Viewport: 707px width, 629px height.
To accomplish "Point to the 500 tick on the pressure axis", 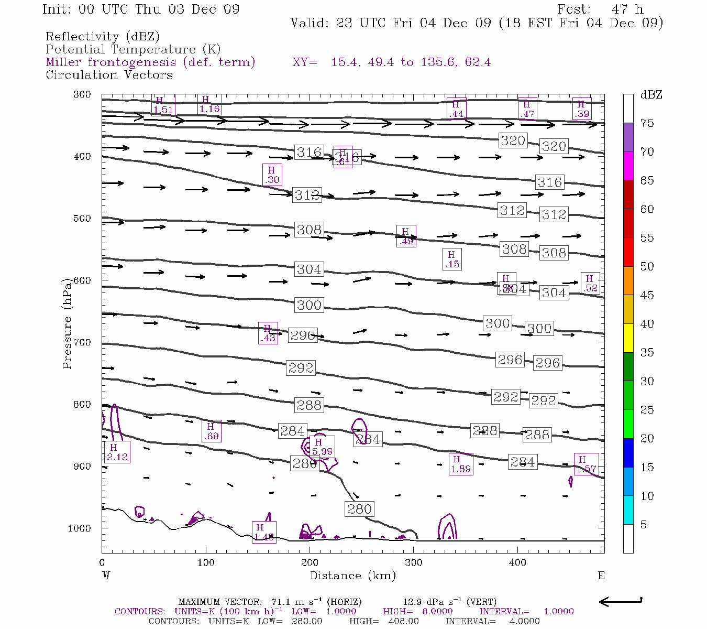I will (82, 219).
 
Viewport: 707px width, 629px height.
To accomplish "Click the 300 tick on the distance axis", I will (414, 563).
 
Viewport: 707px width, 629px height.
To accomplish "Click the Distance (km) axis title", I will (352, 576).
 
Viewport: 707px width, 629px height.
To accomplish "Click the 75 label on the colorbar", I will (647, 123).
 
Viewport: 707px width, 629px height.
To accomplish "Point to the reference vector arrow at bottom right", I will (621, 601).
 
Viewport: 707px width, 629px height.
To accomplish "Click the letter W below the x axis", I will (106, 576).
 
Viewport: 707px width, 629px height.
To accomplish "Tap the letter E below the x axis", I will (601, 576).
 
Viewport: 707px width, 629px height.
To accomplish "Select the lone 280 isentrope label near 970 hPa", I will (359, 509).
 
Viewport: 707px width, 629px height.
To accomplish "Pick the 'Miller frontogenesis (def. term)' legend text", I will (150, 62).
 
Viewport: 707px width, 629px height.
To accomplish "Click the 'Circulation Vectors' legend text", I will (109, 75).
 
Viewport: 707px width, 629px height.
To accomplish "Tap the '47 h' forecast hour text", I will (627, 9).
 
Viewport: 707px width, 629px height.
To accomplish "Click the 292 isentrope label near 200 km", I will (301, 368).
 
